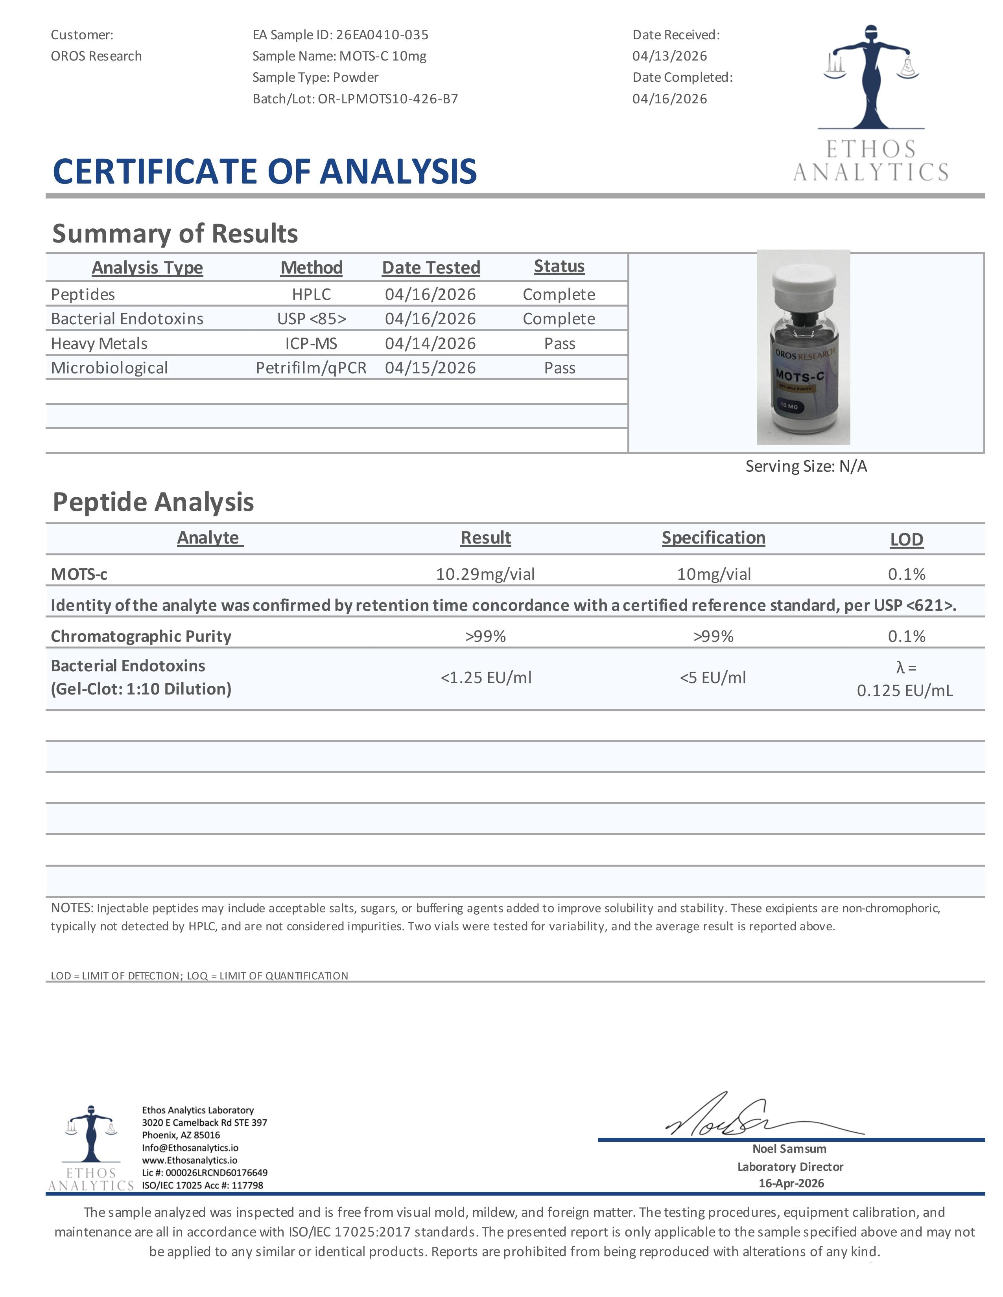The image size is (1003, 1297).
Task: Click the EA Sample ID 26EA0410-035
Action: (382, 35)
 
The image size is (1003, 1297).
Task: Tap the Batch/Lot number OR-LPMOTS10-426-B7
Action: (387, 99)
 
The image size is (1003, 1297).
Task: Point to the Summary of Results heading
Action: (175, 233)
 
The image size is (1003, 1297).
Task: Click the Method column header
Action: (312, 268)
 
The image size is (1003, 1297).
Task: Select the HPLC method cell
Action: (312, 294)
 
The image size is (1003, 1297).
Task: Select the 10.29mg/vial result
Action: (485, 574)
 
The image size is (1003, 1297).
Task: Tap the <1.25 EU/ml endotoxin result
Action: (485, 678)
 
